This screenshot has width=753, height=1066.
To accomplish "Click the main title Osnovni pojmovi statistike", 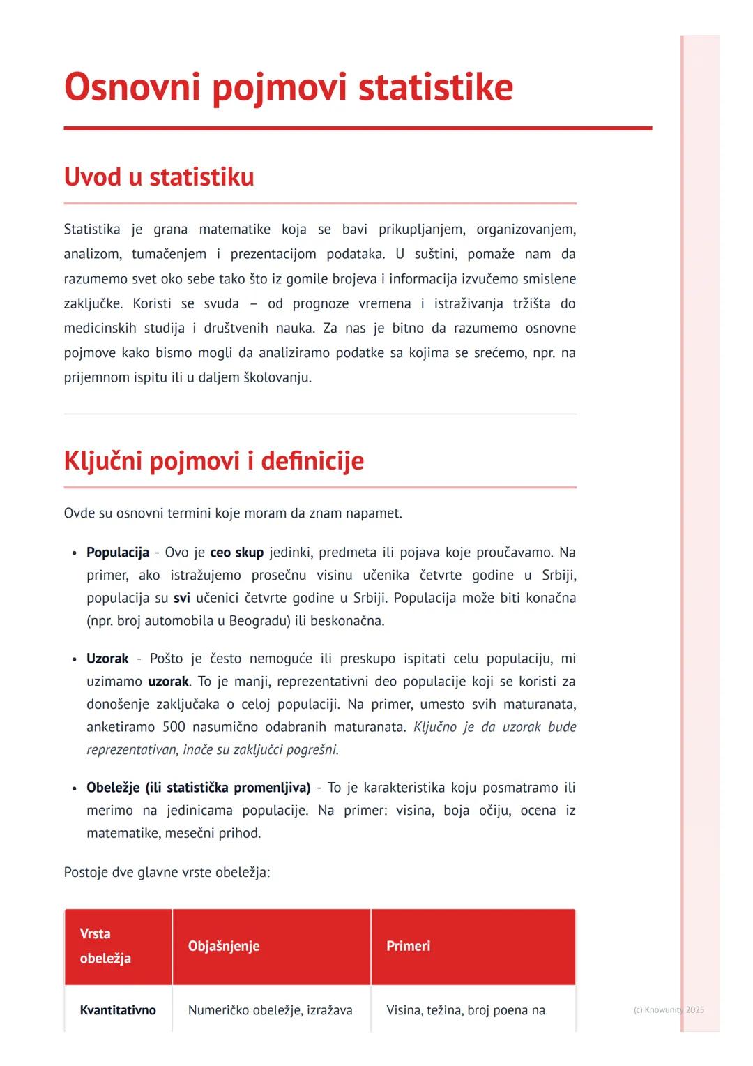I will pyautogui.click(x=288, y=88).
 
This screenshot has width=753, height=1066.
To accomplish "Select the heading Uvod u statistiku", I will pyautogui.click(x=158, y=177).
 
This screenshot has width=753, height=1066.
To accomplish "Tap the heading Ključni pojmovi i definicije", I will pyautogui.click(x=213, y=460).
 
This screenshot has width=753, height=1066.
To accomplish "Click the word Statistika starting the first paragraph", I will pyautogui.click(x=91, y=230).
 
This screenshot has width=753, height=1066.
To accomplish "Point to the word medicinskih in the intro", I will pyautogui.click(x=99, y=328).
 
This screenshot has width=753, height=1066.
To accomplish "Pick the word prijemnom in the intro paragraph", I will pyautogui.click(x=96, y=377).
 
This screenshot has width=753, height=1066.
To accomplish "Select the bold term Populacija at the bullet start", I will pyautogui.click(x=117, y=553).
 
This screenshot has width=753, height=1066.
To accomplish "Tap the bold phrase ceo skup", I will pyautogui.click(x=236, y=553).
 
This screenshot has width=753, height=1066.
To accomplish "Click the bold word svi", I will pyautogui.click(x=181, y=598).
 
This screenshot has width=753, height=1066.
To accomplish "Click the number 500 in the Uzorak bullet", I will pyautogui.click(x=174, y=727).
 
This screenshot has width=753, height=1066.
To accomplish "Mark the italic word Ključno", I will pyautogui.click(x=434, y=727).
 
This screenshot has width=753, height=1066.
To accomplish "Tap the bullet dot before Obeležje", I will pyautogui.click(x=74, y=788).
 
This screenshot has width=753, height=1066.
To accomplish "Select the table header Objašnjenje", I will pyautogui.click(x=223, y=946).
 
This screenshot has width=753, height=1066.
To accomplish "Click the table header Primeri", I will pyautogui.click(x=408, y=946).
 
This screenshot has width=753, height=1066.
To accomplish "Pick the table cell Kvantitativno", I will pyautogui.click(x=118, y=1010).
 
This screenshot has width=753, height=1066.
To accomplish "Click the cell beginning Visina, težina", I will pyautogui.click(x=465, y=1010).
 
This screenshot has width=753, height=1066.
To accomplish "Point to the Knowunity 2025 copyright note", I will pyautogui.click(x=668, y=1009).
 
